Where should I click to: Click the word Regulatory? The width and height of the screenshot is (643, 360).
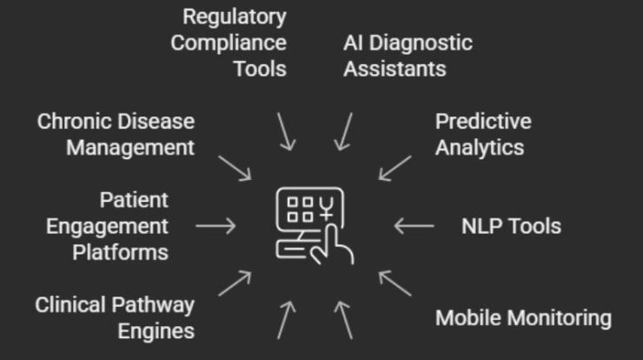[x=234, y=17]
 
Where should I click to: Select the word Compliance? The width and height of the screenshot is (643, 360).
[x=229, y=43]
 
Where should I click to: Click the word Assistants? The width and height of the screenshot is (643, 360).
[x=394, y=69]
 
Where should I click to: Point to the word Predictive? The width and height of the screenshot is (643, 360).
[x=483, y=121]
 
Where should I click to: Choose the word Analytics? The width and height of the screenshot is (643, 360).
[x=480, y=147]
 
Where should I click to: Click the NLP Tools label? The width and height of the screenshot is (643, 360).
[x=511, y=226]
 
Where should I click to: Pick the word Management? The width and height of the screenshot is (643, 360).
[x=130, y=147]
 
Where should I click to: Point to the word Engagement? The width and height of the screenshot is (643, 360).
[x=107, y=226]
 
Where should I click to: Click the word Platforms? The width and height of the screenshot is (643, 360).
[x=120, y=252]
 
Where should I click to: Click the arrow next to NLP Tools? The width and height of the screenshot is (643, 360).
[x=414, y=226]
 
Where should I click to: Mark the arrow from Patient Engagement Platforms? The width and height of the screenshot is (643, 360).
[x=215, y=226]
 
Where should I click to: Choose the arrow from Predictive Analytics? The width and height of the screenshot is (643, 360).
[x=395, y=167]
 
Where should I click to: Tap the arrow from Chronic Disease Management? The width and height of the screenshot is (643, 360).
[x=235, y=167]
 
